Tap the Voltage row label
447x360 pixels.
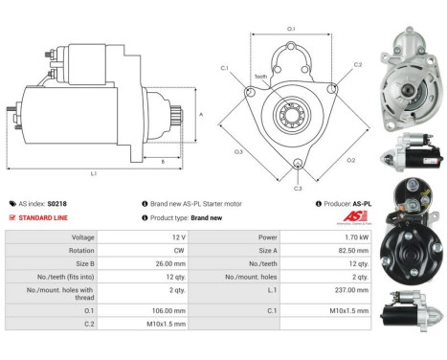(82, 236)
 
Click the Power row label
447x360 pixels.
(266, 236)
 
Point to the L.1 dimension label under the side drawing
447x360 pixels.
(93, 173)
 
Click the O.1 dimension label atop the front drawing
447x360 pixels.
(292, 30)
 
